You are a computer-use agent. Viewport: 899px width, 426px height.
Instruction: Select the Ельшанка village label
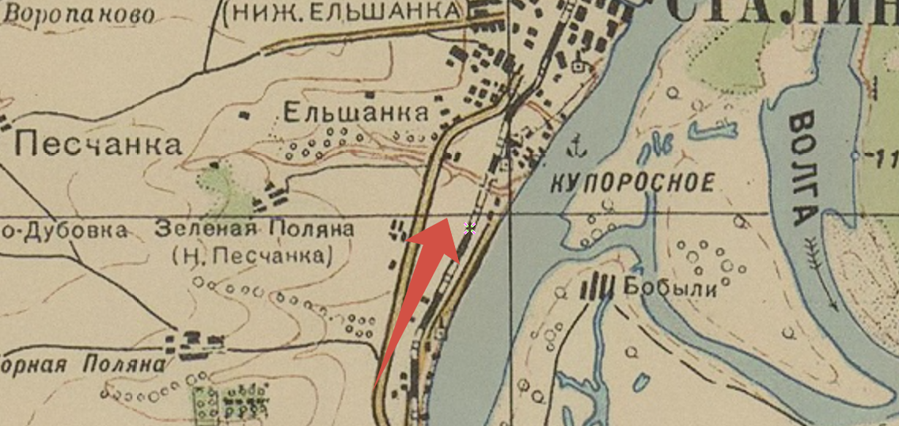tap(355, 113)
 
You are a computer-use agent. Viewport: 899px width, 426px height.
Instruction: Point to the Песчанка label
tap(98, 145)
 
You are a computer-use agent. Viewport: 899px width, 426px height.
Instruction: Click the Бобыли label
tap(670, 287)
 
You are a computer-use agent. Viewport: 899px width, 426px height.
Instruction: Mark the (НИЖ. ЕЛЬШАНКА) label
tap(342, 11)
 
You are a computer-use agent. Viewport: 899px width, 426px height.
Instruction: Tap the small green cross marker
tap(469, 229)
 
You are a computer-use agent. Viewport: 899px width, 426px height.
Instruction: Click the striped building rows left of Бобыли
tap(599, 287)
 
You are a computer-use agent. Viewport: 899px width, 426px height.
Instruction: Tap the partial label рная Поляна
tap(83, 365)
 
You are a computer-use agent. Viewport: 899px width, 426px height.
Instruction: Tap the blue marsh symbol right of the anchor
tap(654, 146)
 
